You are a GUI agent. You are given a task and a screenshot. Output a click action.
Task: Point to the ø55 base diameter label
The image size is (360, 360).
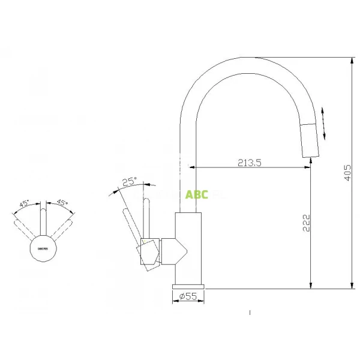[x=188, y=295]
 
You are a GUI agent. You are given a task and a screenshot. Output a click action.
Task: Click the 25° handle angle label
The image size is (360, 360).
[x=128, y=181]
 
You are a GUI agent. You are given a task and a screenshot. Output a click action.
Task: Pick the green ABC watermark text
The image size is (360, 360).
[x=197, y=194]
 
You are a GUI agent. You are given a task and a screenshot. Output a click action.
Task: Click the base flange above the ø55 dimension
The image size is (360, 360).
[x=189, y=285]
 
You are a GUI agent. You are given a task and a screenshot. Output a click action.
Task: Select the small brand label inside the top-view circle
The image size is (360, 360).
[x=43, y=247]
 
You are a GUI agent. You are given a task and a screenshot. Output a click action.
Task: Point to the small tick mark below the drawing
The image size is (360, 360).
[x=249, y=312]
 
